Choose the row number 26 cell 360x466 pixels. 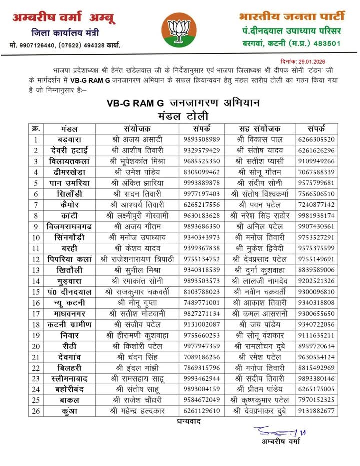[36, 410]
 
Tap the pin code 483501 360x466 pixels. [326, 43]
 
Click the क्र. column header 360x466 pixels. [36, 128]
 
